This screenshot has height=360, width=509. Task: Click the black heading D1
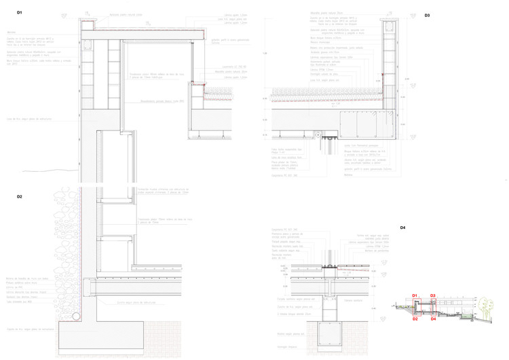point(20,13)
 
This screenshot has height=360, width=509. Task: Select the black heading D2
point(20,196)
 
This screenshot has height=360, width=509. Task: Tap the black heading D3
point(428,15)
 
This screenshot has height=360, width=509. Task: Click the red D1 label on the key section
point(416,295)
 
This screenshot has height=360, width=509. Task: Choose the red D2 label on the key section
point(416,319)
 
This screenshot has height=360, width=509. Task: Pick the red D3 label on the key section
point(432,295)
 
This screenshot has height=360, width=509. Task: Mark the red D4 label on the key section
point(433,319)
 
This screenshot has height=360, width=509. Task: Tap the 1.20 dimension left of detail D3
point(265,52)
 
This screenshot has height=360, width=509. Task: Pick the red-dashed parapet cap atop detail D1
point(89,24)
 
